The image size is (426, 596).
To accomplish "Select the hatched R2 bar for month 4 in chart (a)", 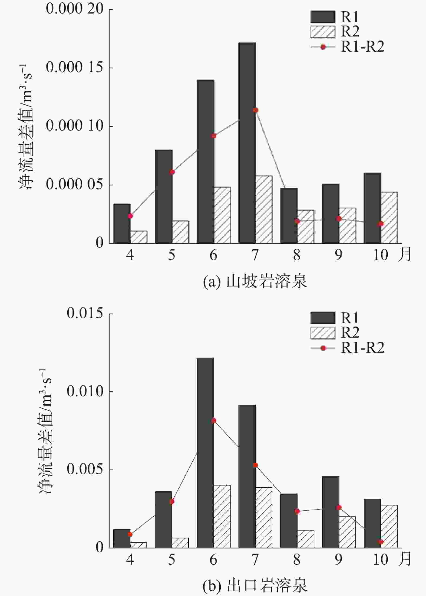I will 139,237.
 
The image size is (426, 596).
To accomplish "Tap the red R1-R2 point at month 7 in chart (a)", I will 255,110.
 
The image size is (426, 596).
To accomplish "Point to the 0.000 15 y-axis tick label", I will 75,67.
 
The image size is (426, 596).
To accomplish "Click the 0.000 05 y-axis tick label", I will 75,185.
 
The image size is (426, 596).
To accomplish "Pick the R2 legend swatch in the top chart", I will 323,32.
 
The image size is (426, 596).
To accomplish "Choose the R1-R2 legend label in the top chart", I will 362,47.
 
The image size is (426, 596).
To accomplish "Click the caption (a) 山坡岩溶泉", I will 255,281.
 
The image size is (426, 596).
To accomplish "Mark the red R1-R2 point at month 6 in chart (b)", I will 214,420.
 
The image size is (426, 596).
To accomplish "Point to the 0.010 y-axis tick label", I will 85,391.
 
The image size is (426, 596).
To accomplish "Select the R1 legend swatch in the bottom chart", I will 323,318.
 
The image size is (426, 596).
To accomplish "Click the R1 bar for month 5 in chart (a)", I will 164,197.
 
